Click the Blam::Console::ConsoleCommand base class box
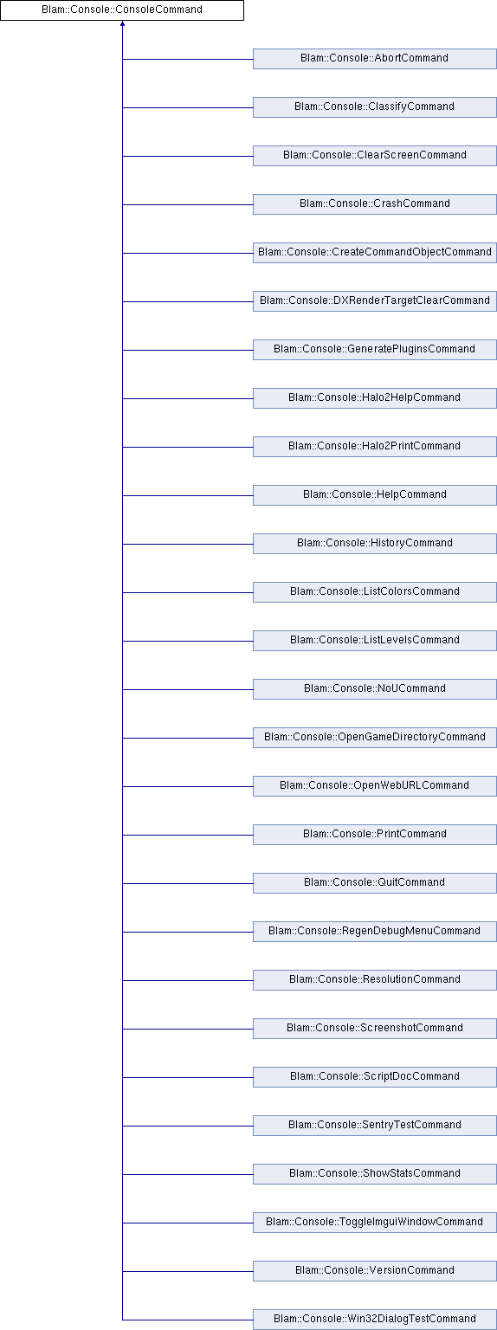coord(122,10)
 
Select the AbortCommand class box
coord(375,59)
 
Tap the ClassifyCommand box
coord(375,107)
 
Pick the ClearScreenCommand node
coord(375,156)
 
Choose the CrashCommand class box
coord(375,204)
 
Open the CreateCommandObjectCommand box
coord(375,253)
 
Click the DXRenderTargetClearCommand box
coord(375,301)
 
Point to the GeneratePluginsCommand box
coord(375,350)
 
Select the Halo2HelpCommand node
coord(375,398)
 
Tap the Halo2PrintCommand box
coord(375,447)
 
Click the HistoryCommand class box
coord(375,544)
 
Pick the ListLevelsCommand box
coord(375,641)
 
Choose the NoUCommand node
coord(375,689)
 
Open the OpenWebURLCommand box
coord(375,786)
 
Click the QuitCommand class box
coord(375,883)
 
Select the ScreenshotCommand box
coord(375,1029)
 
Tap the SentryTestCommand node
coord(375,1126)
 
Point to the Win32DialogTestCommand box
coord(375,1320)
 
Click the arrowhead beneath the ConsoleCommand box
coord(122,23)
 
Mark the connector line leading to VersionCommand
coord(188,1271)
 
